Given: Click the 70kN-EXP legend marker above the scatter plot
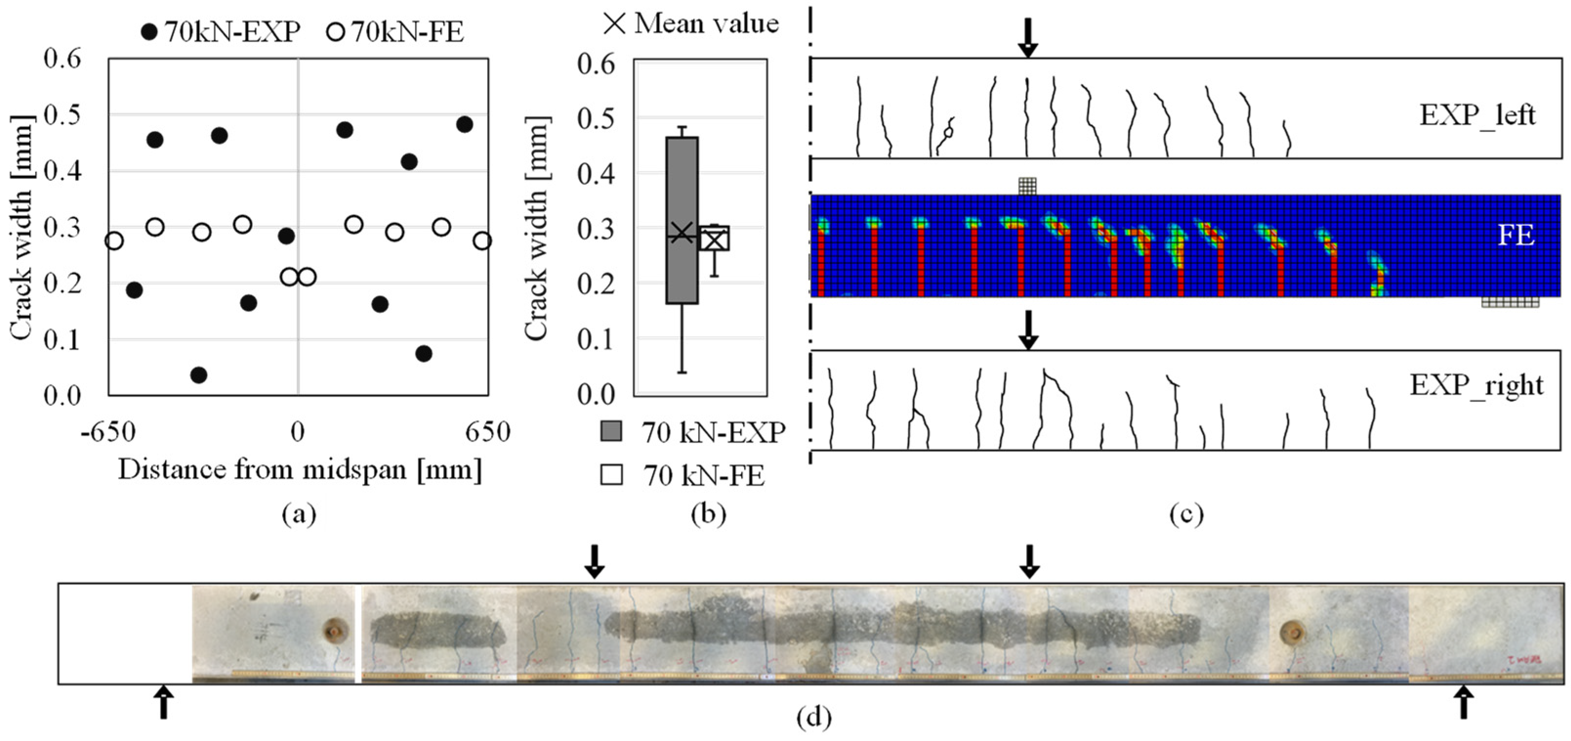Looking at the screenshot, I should coord(149,32).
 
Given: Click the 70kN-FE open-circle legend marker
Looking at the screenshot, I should coord(336,32).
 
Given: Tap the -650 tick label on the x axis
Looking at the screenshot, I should coord(108,432).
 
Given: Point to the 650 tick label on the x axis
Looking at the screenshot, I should coord(487,432).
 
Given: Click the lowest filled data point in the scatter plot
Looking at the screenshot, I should coord(198,375).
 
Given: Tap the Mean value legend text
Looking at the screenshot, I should coord(706,24).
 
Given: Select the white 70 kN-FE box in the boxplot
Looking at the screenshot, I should coord(714,238).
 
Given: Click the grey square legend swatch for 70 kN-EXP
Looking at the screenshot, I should coord(611,431).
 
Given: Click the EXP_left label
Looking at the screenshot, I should coord(1477,115).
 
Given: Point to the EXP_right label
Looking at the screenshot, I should coord(1476,386).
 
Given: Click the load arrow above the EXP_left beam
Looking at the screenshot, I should coord(1028,37).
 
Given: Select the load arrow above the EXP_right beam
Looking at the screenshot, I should coord(1028,329).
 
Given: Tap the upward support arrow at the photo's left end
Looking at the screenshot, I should coord(163,702).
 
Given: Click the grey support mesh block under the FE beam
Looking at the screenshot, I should coord(1510,302).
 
